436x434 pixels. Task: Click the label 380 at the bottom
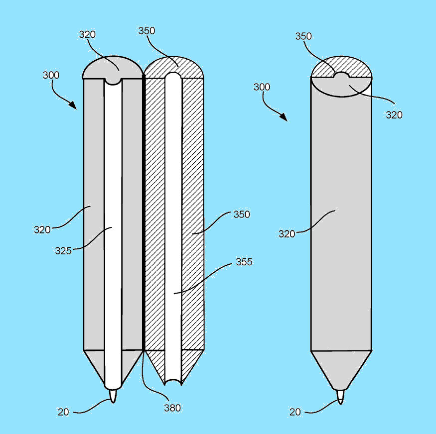(172, 408)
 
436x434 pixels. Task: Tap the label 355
(244, 262)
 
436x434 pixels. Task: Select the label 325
(63, 251)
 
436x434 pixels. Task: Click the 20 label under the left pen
(63, 412)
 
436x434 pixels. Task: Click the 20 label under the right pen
(295, 412)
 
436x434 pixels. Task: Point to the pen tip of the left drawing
(113, 396)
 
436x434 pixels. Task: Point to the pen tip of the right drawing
(340, 397)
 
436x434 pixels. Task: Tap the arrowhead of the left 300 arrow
(73, 105)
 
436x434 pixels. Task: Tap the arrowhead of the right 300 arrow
(284, 117)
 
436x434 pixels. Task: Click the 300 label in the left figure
(51, 75)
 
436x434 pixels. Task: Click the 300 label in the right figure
(262, 87)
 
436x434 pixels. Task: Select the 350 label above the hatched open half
(146, 30)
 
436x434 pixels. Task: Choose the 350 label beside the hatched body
(242, 215)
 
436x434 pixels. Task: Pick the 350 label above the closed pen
(303, 36)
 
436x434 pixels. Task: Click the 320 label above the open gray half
(87, 34)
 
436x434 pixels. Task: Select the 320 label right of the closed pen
(394, 115)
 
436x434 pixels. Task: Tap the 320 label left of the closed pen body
(287, 234)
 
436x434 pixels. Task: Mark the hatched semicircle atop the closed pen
(341, 67)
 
